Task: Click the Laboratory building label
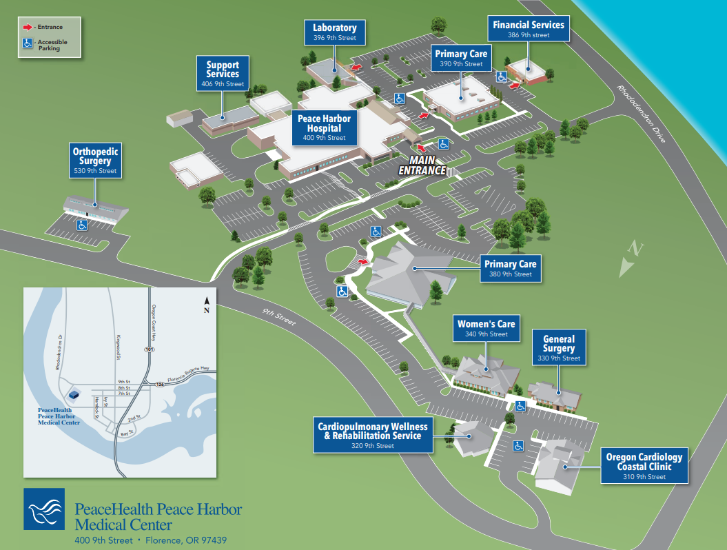(x=334, y=32)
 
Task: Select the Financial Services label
(x=529, y=29)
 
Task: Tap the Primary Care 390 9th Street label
(x=461, y=58)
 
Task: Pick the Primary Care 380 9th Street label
(x=510, y=268)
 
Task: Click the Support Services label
(x=223, y=74)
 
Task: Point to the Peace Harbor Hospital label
(x=324, y=128)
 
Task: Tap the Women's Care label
(x=486, y=328)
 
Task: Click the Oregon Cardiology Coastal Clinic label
(x=644, y=466)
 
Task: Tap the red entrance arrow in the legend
(x=28, y=28)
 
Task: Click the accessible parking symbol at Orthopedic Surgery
(x=82, y=225)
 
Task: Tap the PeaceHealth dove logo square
(x=44, y=509)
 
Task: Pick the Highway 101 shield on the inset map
(x=149, y=349)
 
